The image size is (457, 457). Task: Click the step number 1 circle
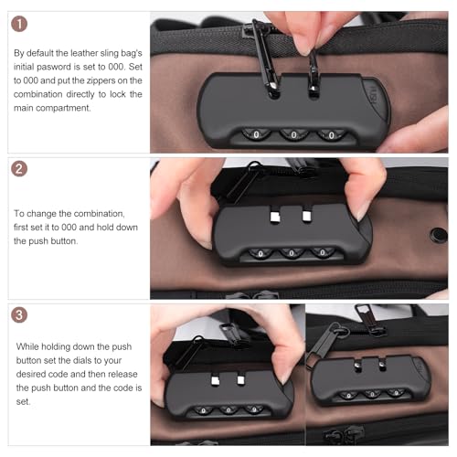(x=19, y=24)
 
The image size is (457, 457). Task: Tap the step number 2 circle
(x=19, y=169)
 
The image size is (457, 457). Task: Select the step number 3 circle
(x=19, y=314)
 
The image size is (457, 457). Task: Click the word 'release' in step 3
(x=122, y=374)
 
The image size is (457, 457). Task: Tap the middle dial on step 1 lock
(x=293, y=134)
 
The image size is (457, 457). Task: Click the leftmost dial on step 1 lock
(x=256, y=134)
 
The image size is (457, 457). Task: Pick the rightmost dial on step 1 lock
(x=332, y=135)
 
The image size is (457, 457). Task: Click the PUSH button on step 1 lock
(x=375, y=98)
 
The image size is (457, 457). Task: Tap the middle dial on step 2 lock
(x=292, y=253)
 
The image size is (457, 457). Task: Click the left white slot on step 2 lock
(x=275, y=216)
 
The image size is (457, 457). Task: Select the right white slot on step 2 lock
(x=306, y=216)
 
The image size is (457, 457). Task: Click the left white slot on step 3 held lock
(x=216, y=380)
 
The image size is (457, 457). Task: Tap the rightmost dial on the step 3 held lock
(x=254, y=409)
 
